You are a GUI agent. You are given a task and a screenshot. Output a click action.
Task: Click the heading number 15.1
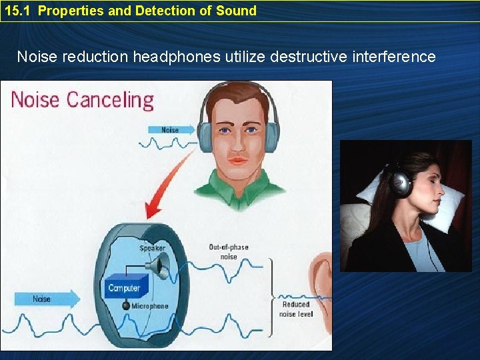point(18,11)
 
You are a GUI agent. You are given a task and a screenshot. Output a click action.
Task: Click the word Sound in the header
point(237,11)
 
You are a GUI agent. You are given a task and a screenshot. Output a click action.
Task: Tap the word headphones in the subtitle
point(176,57)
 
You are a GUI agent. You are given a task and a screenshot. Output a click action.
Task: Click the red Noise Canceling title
point(82,100)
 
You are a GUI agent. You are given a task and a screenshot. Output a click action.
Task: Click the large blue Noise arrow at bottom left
point(47,299)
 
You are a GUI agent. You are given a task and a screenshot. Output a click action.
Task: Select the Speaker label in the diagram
point(152,249)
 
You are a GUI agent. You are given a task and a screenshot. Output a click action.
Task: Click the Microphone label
point(150,306)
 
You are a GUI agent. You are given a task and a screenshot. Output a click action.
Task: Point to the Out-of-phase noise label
point(229,251)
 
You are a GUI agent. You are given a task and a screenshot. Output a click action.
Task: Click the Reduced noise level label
point(295,309)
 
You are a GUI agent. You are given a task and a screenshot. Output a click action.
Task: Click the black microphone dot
point(125,305)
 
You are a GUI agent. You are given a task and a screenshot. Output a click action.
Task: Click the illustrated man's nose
point(237,142)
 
